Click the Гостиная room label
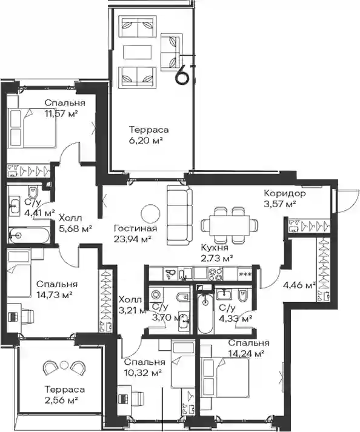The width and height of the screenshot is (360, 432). pos(135,228)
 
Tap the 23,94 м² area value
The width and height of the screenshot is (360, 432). pos(132,239)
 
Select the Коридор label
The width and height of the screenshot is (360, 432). pos(285,193)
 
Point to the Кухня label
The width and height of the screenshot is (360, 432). pos(215,247)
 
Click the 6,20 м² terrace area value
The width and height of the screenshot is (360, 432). pos(145,141)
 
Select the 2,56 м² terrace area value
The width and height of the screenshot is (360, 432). pos(61,400)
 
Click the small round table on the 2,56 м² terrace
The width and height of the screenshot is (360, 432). pos(64,364)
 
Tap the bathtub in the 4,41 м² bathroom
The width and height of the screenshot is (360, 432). pos(29,235)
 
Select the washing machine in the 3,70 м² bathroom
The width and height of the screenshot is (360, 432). pos(156,294)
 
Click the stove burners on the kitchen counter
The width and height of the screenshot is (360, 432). pos(216,274)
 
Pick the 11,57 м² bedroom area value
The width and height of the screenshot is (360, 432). pos(61,114)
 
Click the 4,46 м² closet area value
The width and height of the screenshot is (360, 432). pos(299,285)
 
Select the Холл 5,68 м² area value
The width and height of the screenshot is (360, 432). pos(76,228)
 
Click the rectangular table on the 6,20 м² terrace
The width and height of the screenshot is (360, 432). pos(138,52)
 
